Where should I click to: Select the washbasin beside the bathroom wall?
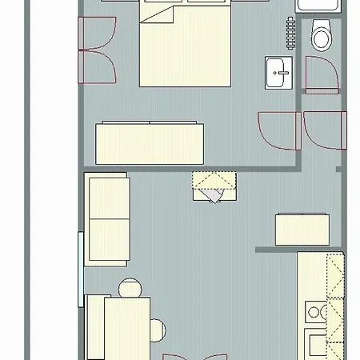280,75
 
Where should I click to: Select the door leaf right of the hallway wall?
324,129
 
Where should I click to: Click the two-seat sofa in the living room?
108,220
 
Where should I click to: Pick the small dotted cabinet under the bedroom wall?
214,186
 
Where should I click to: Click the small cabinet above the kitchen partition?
302,229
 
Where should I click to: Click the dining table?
126,328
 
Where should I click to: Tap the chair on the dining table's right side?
157,328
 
